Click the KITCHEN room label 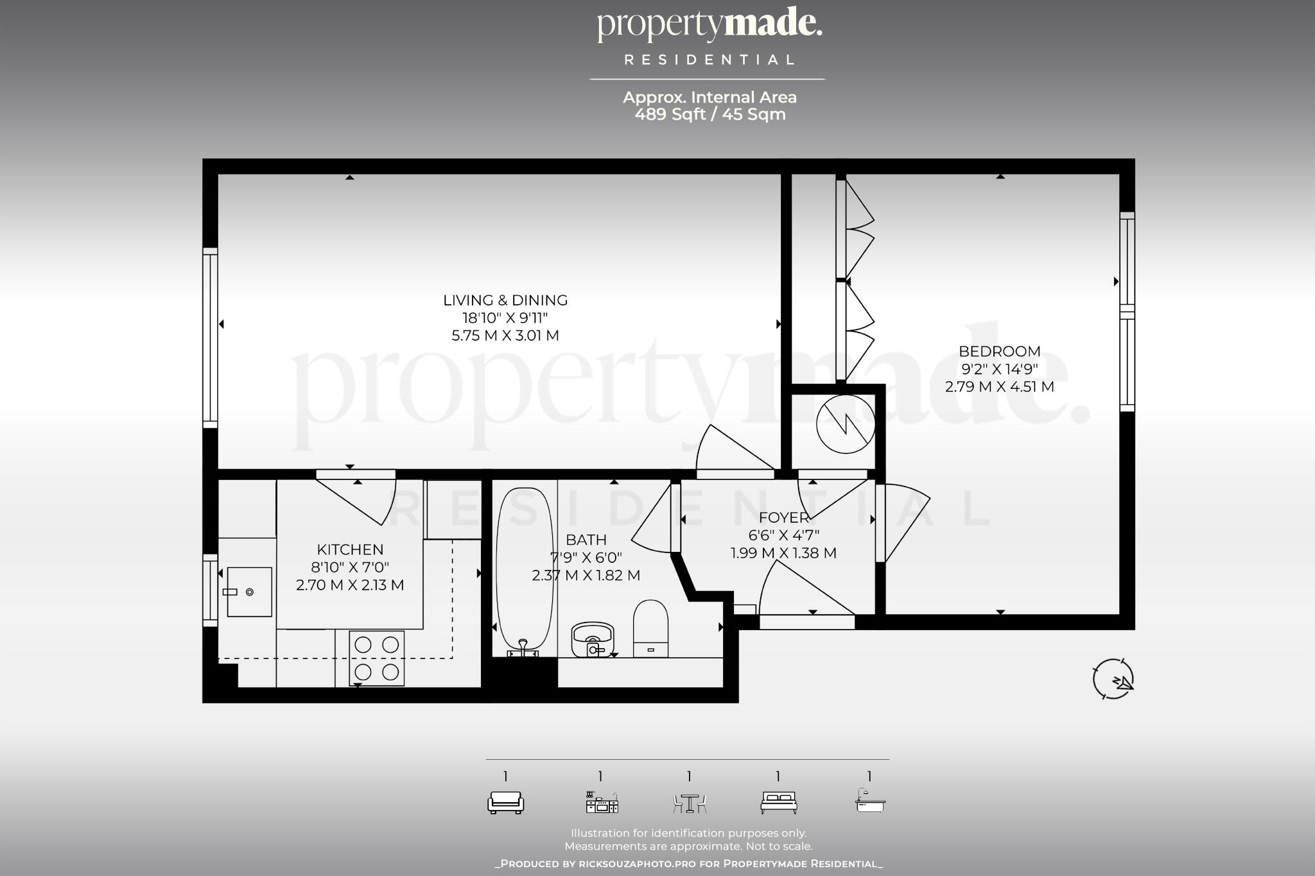(350, 550)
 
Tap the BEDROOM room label (999, 352)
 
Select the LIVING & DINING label (505, 300)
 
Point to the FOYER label (783, 518)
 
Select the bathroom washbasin (592, 639)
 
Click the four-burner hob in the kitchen (377, 658)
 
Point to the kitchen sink (248, 592)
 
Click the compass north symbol (1113, 679)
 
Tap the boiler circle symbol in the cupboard (845, 424)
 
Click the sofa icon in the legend (505, 802)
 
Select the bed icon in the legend (778, 802)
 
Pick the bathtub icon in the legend (870, 801)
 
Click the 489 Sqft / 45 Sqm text (710, 115)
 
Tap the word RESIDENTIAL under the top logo (710, 60)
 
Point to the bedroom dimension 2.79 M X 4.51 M (999, 387)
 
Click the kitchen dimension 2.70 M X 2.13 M (350, 585)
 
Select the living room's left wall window (210, 338)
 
